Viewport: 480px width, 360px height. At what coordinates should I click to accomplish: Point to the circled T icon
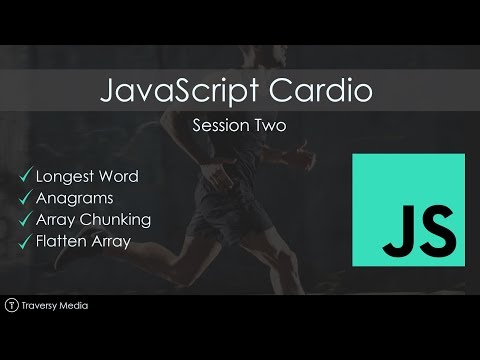point(12,305)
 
